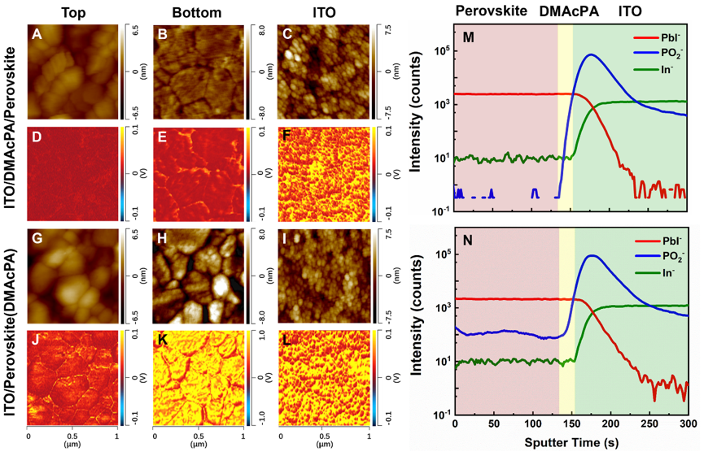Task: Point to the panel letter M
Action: tap(468, 40)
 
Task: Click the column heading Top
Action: tap(72, 11)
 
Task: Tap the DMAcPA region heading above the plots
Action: tap(566, 11)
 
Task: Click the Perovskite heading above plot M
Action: tap(492, 11)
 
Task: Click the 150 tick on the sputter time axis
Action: tap(572, 425)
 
